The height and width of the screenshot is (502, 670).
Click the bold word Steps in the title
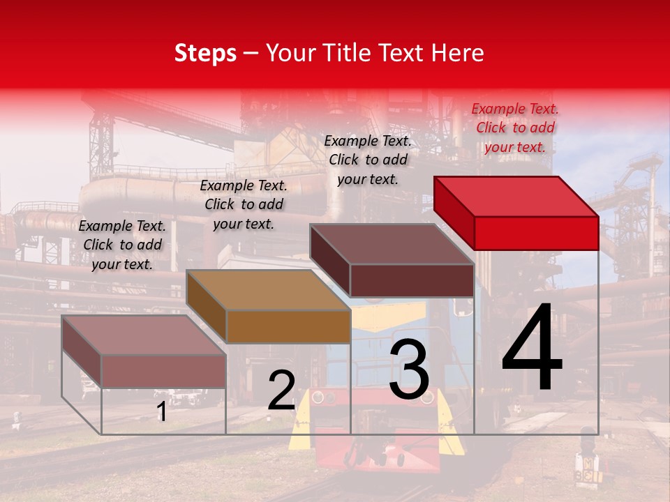[205, 53]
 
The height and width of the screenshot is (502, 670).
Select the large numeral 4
[532, 349]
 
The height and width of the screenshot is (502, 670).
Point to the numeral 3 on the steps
[409, 370]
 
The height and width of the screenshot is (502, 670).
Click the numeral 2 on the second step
[281, 390]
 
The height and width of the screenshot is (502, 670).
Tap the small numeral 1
[161, 412]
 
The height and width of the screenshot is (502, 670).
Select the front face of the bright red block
[536, 233]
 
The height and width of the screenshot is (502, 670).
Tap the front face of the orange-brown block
[288, 326]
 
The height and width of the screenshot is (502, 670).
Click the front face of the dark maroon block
[412, 280]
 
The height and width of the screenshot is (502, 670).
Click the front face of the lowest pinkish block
[163, 371]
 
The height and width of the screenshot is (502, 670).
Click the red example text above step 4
[515, 128]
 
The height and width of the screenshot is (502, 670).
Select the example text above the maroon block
[368, 160]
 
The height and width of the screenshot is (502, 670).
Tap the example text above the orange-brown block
[244, 204]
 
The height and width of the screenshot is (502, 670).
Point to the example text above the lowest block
[122, 245]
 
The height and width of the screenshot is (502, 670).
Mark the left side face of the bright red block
[454, 213]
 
